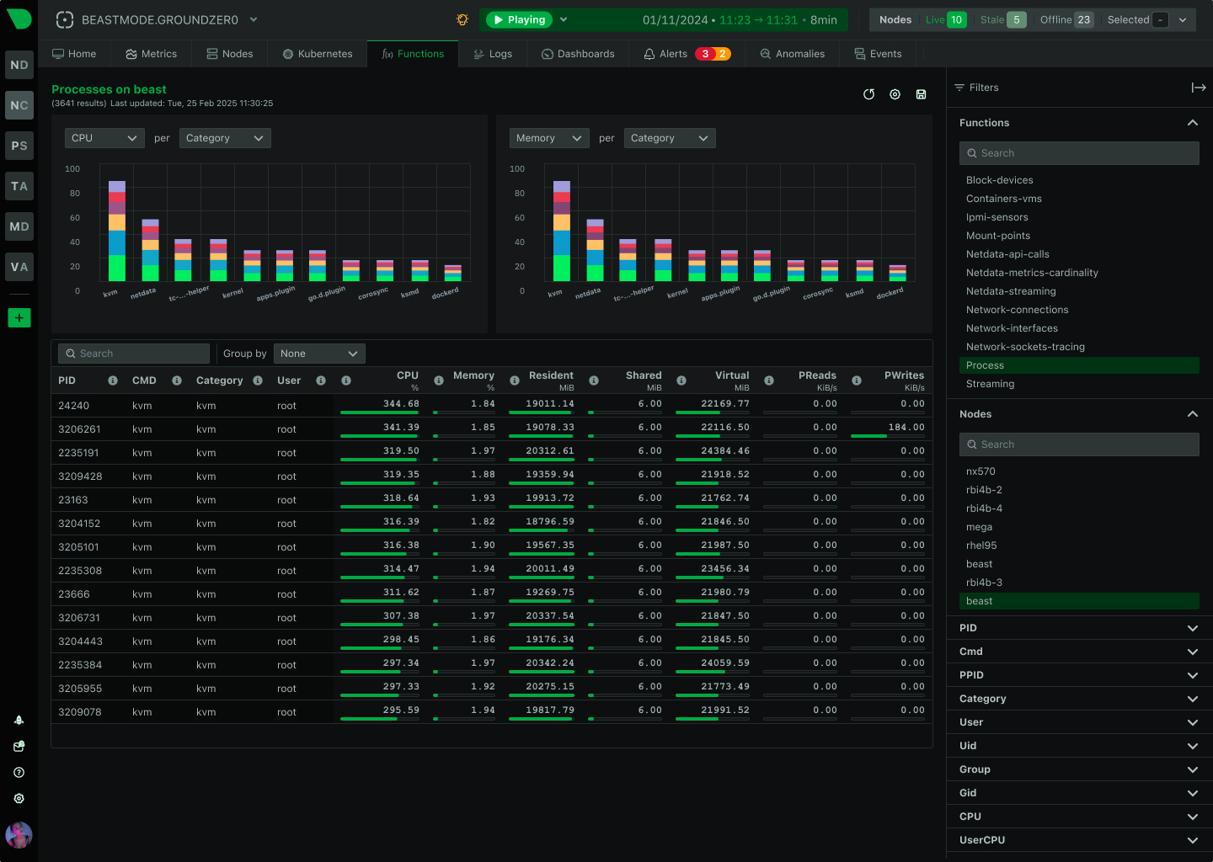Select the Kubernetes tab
(x=318, y=54)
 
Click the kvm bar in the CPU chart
(x=117, y=231)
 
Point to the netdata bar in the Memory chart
(x=595, y=250)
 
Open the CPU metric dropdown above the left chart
(x=104, y=138)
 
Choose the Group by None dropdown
(x=319, y=354)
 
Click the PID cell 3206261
(x=79, y=429)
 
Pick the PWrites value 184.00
(x=906, y=428)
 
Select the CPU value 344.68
(x=401, y=404)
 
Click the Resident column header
(x=551, y=375)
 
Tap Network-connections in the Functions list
(x=1017, y=310)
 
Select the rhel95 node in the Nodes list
(x=981, y=545)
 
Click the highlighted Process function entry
(x=985, y=365)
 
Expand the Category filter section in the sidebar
(x=1078, y=699)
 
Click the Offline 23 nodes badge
(x=1066, y=19)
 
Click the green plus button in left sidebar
(x=19, y=317)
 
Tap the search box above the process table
(x=134, y=354)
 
